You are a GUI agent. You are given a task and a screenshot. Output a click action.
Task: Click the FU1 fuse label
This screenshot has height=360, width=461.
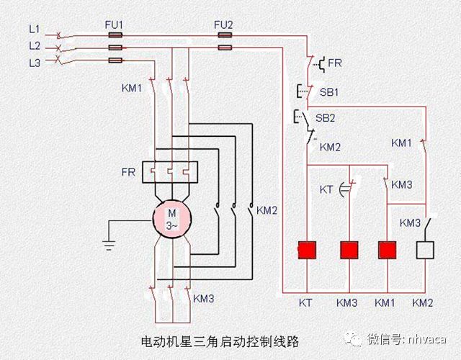(x=114, y=24)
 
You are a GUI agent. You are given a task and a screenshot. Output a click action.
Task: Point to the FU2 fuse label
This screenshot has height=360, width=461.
(x=223, y=24)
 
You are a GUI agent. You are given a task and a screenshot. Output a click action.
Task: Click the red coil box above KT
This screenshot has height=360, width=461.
(x=308, y=250)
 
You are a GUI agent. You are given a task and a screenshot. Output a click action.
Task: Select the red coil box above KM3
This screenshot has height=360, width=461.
(x=349, y=250)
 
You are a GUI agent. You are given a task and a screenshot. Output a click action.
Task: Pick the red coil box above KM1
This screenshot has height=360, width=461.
(x=388, y=250)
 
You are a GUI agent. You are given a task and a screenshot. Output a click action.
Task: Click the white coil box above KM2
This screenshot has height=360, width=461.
(x=426, y=250)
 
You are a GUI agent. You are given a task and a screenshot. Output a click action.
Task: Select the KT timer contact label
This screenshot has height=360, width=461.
(x=326, y=189)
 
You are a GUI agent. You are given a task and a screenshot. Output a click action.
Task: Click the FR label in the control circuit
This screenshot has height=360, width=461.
(x=335, y=63)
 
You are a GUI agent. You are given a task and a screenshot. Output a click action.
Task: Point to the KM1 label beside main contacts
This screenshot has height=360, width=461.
(x=133, y=89)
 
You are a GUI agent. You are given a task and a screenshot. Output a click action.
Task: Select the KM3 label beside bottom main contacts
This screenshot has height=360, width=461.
(x=204, y=297)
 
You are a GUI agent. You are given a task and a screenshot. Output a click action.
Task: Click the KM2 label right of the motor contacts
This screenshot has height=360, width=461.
(x=267, y=210)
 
